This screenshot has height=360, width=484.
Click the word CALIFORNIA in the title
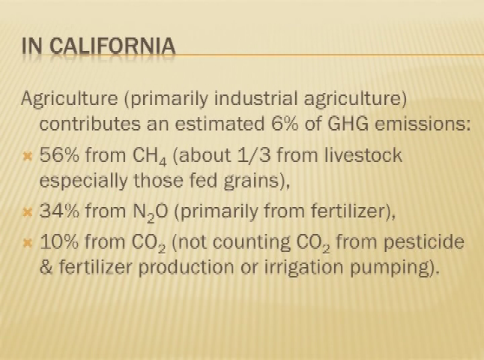(112, 46)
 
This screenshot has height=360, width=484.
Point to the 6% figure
(285, 124)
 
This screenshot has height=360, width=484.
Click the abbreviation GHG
(348, 124)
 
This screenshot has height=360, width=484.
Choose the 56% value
(59, 154)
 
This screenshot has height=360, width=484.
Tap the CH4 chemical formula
(150, 156)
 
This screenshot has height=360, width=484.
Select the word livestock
(363, 154)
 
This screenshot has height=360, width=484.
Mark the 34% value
(59, 211)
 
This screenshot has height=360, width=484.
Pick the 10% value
(59, 241)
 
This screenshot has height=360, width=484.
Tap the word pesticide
(424, 242)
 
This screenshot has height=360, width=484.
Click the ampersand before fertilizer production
(46, 267)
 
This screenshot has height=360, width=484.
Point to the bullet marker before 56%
(28, 157)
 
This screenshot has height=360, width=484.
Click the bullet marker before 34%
(28, 213)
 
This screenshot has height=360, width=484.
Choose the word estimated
(220, 124)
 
